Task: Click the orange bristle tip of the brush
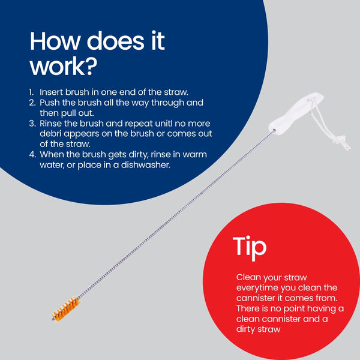pos(65,309)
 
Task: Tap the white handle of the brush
pos(296,113)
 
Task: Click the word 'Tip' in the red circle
pos(250,248)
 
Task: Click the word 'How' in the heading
pos(55,41)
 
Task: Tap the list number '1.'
pos(31,92)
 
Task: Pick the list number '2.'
pos(32,103)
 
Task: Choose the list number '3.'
pos(32,124)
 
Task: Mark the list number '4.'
pos(32,155)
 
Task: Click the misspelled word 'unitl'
pos(163,124)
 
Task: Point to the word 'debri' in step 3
pos(50,134)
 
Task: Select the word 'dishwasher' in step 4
pos(145,165)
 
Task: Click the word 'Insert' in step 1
pos(52,92)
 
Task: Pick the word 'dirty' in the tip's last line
pos(245,329)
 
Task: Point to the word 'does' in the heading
pos(115,41)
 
